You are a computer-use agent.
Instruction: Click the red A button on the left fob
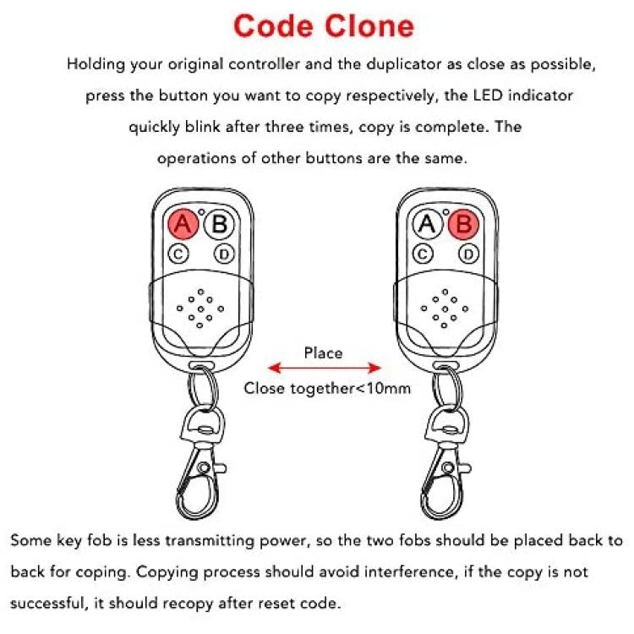[x=183, y=224]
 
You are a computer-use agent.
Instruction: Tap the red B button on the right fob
[x=464, y=224]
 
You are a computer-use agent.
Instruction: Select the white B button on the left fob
[x=219, y=224]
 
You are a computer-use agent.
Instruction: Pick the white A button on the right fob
[x=428, y=224]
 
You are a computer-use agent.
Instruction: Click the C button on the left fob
[x=178, y=254]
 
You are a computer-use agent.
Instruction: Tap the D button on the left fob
[x=224, y=254]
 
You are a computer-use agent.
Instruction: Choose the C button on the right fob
[x=423, y=254]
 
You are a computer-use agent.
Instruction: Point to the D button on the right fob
[x=469, y=254]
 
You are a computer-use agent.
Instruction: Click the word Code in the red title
[x=274, y=26]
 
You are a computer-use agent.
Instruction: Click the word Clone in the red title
[x=369, y=26]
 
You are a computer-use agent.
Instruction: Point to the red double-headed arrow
[x=325, y=368]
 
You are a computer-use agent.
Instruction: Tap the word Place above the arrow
[x=323, y=353]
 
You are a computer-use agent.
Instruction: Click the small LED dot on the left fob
[x=201, y=212]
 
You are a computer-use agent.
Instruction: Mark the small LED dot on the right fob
[x=446, y=212]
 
